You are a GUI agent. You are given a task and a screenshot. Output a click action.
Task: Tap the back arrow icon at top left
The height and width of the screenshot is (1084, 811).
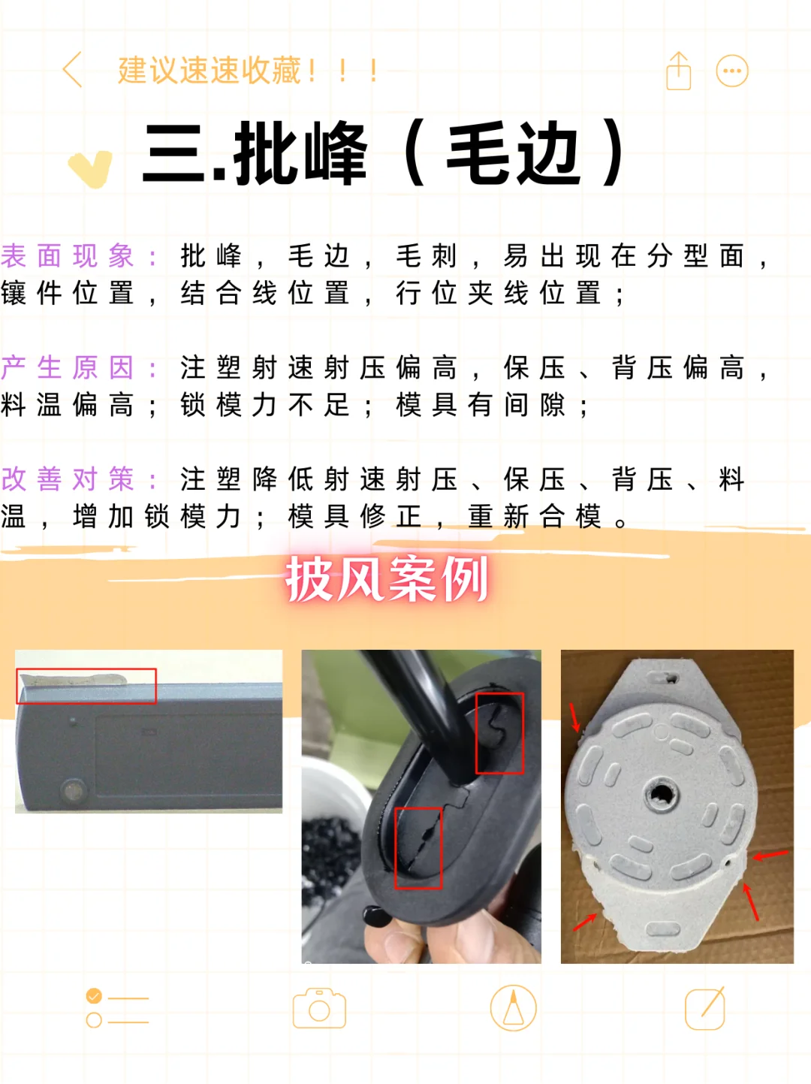[x=73, y=71]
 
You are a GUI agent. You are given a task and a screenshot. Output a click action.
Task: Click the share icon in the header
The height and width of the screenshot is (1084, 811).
[x=678, y=71]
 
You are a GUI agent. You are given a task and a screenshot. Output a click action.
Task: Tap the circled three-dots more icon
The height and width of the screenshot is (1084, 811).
[x=732, y=71]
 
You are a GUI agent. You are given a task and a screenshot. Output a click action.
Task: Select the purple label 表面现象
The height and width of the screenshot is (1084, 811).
[x=68, y=256]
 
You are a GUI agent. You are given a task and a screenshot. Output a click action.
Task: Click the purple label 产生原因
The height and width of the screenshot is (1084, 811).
[x=68, y=368]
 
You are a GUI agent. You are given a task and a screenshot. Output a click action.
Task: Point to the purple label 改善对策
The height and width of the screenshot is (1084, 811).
[x=68, y=479]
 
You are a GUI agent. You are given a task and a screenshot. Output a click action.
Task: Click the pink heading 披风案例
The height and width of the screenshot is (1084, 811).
[x=387, y=579]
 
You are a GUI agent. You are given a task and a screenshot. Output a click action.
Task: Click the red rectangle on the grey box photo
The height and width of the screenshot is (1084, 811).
[x=86, y=686]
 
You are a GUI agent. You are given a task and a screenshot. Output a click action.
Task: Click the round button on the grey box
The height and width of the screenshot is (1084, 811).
[x=73, y=790]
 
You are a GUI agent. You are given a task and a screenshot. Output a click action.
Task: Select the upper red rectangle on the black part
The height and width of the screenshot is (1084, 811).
[x=499, y=733]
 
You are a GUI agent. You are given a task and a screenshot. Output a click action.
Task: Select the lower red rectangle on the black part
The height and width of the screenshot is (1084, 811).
[x=418, y=847]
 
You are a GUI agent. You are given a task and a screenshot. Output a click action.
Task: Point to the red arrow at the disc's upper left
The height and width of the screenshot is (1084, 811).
[x=575, y=718]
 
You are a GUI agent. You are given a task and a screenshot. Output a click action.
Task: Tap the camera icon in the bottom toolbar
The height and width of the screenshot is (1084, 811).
[x=319, y=1008]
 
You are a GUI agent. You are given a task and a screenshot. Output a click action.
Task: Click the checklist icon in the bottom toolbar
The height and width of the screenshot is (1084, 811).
[x=117, y=1008]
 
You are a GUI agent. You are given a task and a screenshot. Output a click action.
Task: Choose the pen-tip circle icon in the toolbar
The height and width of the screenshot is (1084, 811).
[x=513, y=1008]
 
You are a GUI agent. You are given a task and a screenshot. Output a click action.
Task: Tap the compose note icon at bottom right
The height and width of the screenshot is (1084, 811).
[x=705, y=1008]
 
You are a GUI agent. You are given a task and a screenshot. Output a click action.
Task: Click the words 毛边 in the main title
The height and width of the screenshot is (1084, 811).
[x=514, y=155]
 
